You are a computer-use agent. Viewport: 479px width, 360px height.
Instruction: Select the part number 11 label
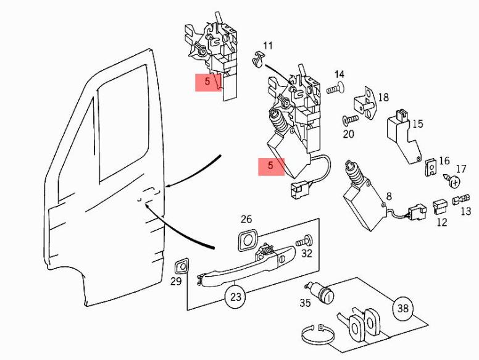(x=267, y=46)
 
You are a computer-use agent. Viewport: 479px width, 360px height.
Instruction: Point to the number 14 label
(x=339, y=75)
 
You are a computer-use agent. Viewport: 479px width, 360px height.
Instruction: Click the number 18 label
(x=383, y=97)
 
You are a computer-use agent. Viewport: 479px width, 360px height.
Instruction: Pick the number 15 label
(x=417, y=124)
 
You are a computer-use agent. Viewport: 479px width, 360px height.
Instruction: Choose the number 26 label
(x=246, y=219)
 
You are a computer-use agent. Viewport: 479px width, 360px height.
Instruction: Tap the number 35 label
(x=305, y=303)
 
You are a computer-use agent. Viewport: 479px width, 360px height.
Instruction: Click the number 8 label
(x=388, y=197)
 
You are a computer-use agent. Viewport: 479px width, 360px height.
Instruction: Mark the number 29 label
(x=176, y=282)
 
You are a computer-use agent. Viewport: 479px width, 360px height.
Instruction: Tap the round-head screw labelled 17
(x=454, y=182)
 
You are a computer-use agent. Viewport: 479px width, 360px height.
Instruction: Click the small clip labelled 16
(x=431, y=165)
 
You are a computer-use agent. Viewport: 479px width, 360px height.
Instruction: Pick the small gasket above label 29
(x=181, y=266)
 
